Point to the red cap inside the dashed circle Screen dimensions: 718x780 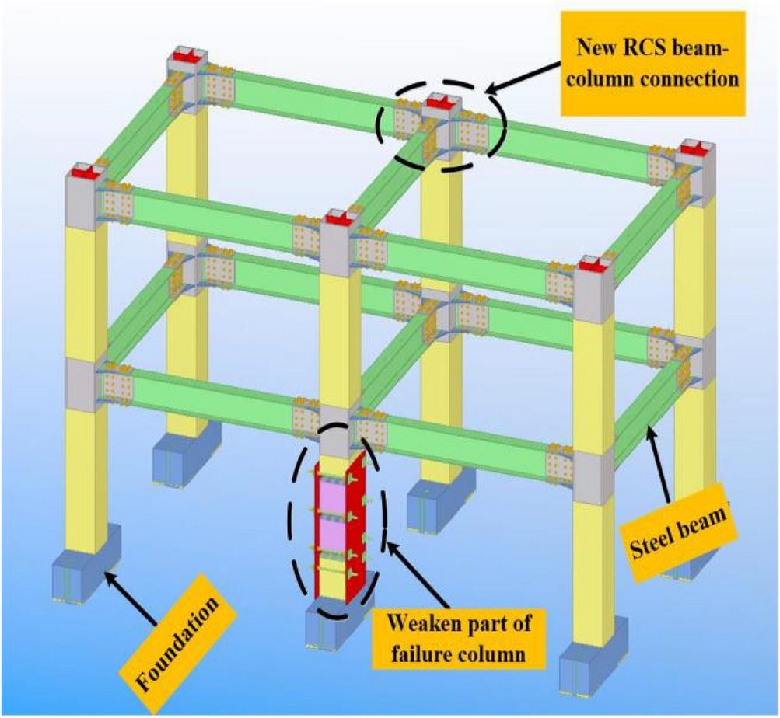point(439,103)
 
